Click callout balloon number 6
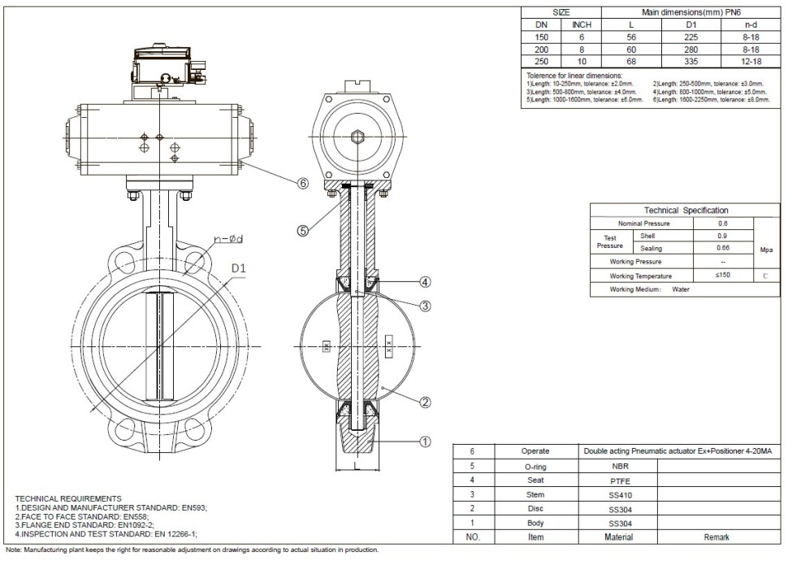[302, 184]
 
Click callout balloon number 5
[302, 230]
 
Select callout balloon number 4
[424, 282]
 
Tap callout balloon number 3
[424, 306]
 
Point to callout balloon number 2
[424, 401]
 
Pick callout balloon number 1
[424, 442]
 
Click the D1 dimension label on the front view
[239, 267]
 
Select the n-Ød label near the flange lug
[232, 239]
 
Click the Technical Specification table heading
[686, 210]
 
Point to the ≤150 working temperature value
[722, 276]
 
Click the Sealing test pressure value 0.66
[722, 248]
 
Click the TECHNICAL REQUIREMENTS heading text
[68, 498]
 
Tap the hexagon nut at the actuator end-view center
[357, 137]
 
